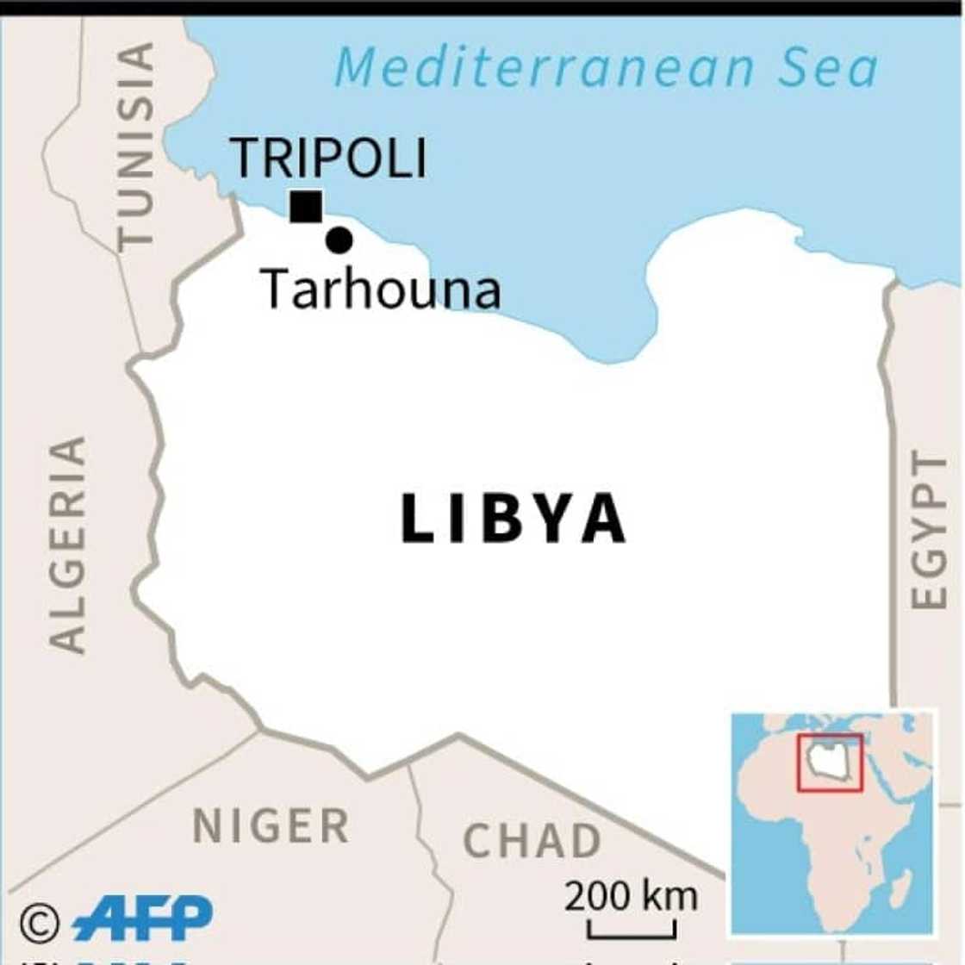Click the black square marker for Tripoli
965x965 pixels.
pyautogui.click(x=306, y=207)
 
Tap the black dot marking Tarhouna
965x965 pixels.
pyautogui.click(x=339, y=240)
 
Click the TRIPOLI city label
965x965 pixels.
pyautogui.click(x=329, y=159)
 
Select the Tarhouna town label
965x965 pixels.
pyautogui.click(x=380, y=289)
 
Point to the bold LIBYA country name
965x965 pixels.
pyautogui.click(x=514, y=519)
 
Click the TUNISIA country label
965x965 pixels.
pyautogui.click(x=137, y=146)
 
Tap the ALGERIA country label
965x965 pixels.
pyautogui.click(x=67, y=545)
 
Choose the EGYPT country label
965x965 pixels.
pyautogui.click(x=929, y=530)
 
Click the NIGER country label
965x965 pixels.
pyautogui.click(x=271, y=826)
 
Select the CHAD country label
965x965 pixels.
pyautogui.click(x=532, y=841)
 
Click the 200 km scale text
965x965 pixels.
pyautogui.click(x=631, y=897)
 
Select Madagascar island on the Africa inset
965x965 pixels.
pyautogui.click(x=900, y=887)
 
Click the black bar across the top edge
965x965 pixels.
pyautogui.click(x=482, y=8)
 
